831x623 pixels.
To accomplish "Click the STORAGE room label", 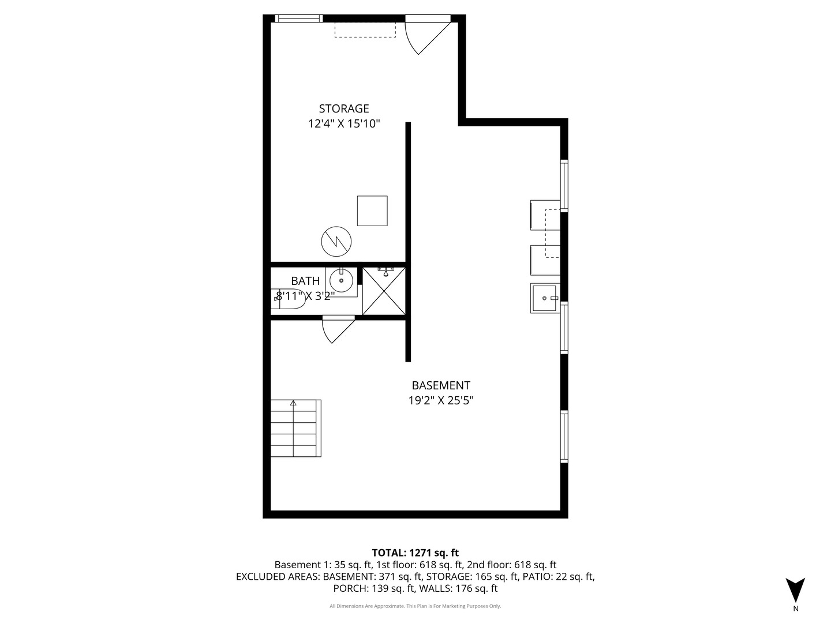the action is click(344, 109).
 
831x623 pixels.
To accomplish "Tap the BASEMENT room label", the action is click(441, 385).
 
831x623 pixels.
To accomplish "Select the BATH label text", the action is click(305, 281).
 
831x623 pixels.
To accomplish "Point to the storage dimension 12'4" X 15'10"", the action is click(344, 123).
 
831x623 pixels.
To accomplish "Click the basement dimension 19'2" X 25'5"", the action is click(441, 400).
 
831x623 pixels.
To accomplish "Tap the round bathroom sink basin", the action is click(341, 281).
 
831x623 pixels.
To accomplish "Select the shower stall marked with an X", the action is click(384, 291).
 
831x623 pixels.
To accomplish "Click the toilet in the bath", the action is click(290, 299).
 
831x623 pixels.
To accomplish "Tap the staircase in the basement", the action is click(295, 428).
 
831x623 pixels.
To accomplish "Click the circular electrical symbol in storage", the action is click(336, 241).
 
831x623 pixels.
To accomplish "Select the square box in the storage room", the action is click(372, 211).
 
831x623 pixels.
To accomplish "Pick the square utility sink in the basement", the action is click(545, 298).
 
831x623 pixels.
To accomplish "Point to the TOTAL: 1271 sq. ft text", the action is click(415, 553).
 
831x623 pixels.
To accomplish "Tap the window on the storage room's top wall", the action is click(299, 18).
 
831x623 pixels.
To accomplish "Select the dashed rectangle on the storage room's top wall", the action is click(365, 30).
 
